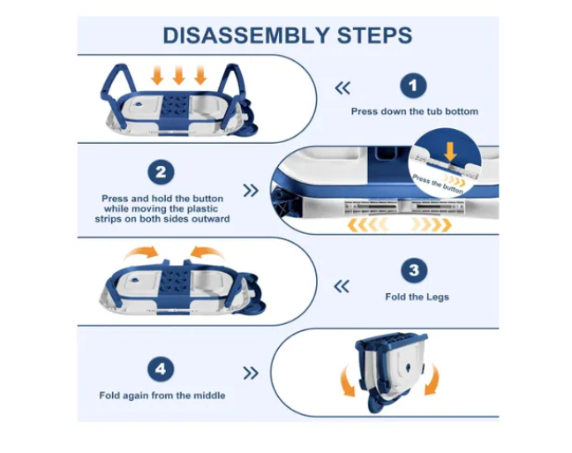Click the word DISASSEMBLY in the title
pos(246,35)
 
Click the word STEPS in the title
pos(374,35)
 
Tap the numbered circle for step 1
pos(413,86)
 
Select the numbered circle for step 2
pos(161,172)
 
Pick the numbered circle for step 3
pos(414,270)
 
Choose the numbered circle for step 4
pos(161,369)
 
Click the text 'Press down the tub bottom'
pos(414,111)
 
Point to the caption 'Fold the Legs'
pos(417,297)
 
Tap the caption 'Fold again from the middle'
pos(162,396)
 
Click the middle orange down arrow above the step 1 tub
pos(178,75)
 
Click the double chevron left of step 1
pos(342,88)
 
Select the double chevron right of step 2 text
pos(251,190)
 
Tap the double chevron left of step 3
pos(342,286)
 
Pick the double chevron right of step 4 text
pos(251,373)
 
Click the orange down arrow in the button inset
pos(450,152)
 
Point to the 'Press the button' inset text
pos(438,185)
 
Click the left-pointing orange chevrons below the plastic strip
pos(367,225)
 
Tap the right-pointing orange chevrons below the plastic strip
pos(432,225)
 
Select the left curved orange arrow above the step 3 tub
pos(141,253)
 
